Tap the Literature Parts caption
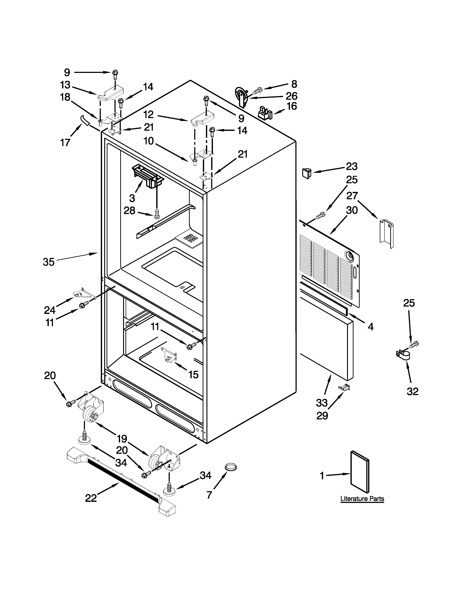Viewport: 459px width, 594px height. [x=362, y=499]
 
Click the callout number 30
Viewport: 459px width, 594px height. [x=352, y=210]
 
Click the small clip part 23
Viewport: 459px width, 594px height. [x=306, y=173]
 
